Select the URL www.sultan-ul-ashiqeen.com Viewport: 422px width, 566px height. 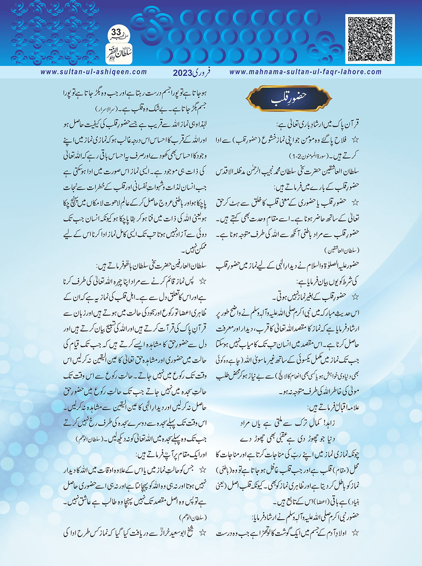(94, 72)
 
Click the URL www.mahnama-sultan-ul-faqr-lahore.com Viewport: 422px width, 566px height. (305, 72)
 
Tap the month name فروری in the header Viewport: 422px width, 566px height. (202, 72)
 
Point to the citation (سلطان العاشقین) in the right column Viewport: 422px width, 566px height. (342, 250)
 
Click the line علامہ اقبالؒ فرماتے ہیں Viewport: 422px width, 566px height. (334, 408)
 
